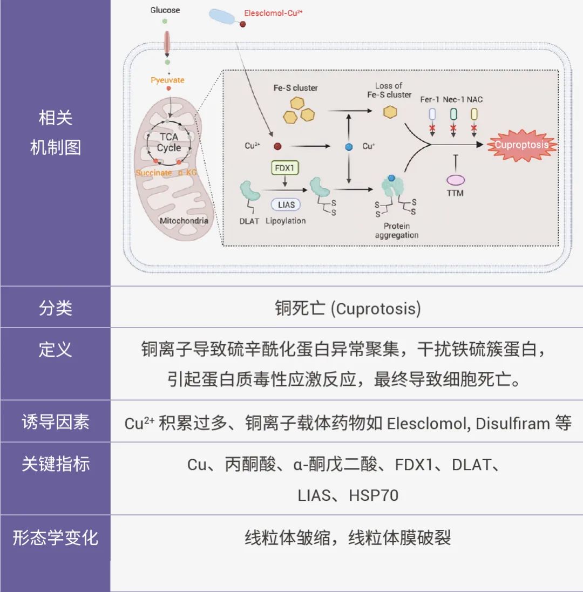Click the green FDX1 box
coord(284,168)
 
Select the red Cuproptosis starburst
coord(521,145)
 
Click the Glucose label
coord(165,10)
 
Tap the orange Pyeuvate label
coord(167,80)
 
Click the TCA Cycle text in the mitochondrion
coord(169,142)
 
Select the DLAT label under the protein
coord(249,221)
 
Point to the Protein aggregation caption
coord(396,230)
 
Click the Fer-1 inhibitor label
coord(430,99)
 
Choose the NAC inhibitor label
coord(475,99)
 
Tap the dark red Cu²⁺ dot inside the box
coord(277,146)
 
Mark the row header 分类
coord(55,308)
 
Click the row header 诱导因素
coord(55,421)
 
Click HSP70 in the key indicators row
coord(374,495)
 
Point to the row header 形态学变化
coord(55,538)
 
